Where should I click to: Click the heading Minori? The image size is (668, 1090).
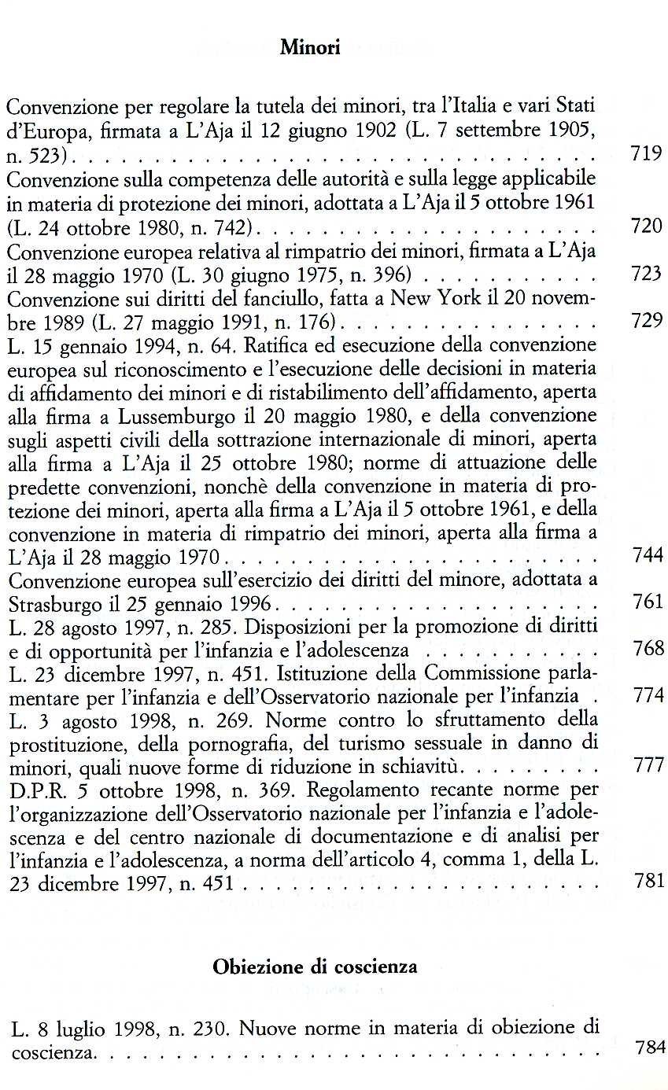click(310, 48)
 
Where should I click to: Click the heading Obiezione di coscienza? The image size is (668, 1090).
click(315, 967)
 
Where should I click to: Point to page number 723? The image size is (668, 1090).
click(647, 274)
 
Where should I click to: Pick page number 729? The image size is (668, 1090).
click(647, 321)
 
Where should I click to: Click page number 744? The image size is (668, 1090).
click(648, 555)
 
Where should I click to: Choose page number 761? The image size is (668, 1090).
click(648, 602)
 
